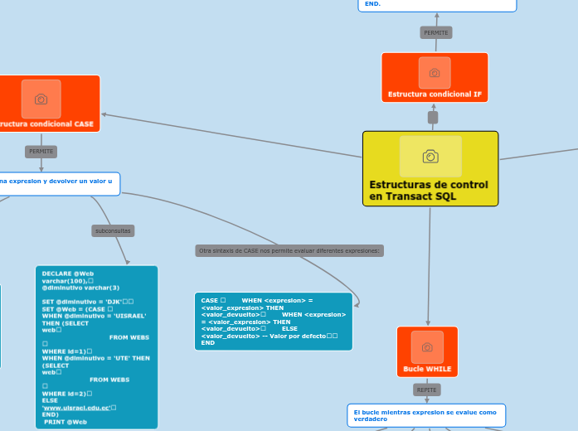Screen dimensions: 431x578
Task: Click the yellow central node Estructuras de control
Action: pyautogui.click(x=430, y=168)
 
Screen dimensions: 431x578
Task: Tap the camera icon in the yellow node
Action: pyautogui.click(x=430, y=157)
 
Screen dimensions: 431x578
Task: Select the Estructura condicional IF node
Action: pyautogui.click(x=435, y=77)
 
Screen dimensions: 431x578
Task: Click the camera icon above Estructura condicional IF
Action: pyautogui.click(x=435, y=73)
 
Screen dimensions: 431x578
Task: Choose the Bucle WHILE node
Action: pyautogui.click(x=427, y=351)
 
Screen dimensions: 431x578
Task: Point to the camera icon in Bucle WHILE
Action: pyautogui.click(x=427, y=346)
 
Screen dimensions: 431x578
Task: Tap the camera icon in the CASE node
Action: pyautogui.click(x=41, y=99)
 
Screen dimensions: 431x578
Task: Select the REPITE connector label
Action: pyautogui.click(x=427, y=390)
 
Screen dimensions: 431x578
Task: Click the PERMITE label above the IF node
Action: pyautogui.click(x=435, y=32)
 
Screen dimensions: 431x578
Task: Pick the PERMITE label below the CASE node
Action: pyautogui.click(x=41, y=152)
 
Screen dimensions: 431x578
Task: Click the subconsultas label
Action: pyautogui.click(x=114, y=230)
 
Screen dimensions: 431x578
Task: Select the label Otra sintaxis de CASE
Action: pyautogui.click(x=289, y=250)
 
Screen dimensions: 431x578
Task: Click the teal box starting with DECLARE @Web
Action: pyautogui.click(x=96, y=346)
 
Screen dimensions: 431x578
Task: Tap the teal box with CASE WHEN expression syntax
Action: pyautogui.click(x=273, y=321)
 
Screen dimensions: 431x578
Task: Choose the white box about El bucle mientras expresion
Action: pyautogui.click(x=425, y=415)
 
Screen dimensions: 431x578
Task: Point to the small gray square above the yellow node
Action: pyautogui.click(x=433, y=118)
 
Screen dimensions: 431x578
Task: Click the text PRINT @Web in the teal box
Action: pyautogui.click(x=66, y=422)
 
